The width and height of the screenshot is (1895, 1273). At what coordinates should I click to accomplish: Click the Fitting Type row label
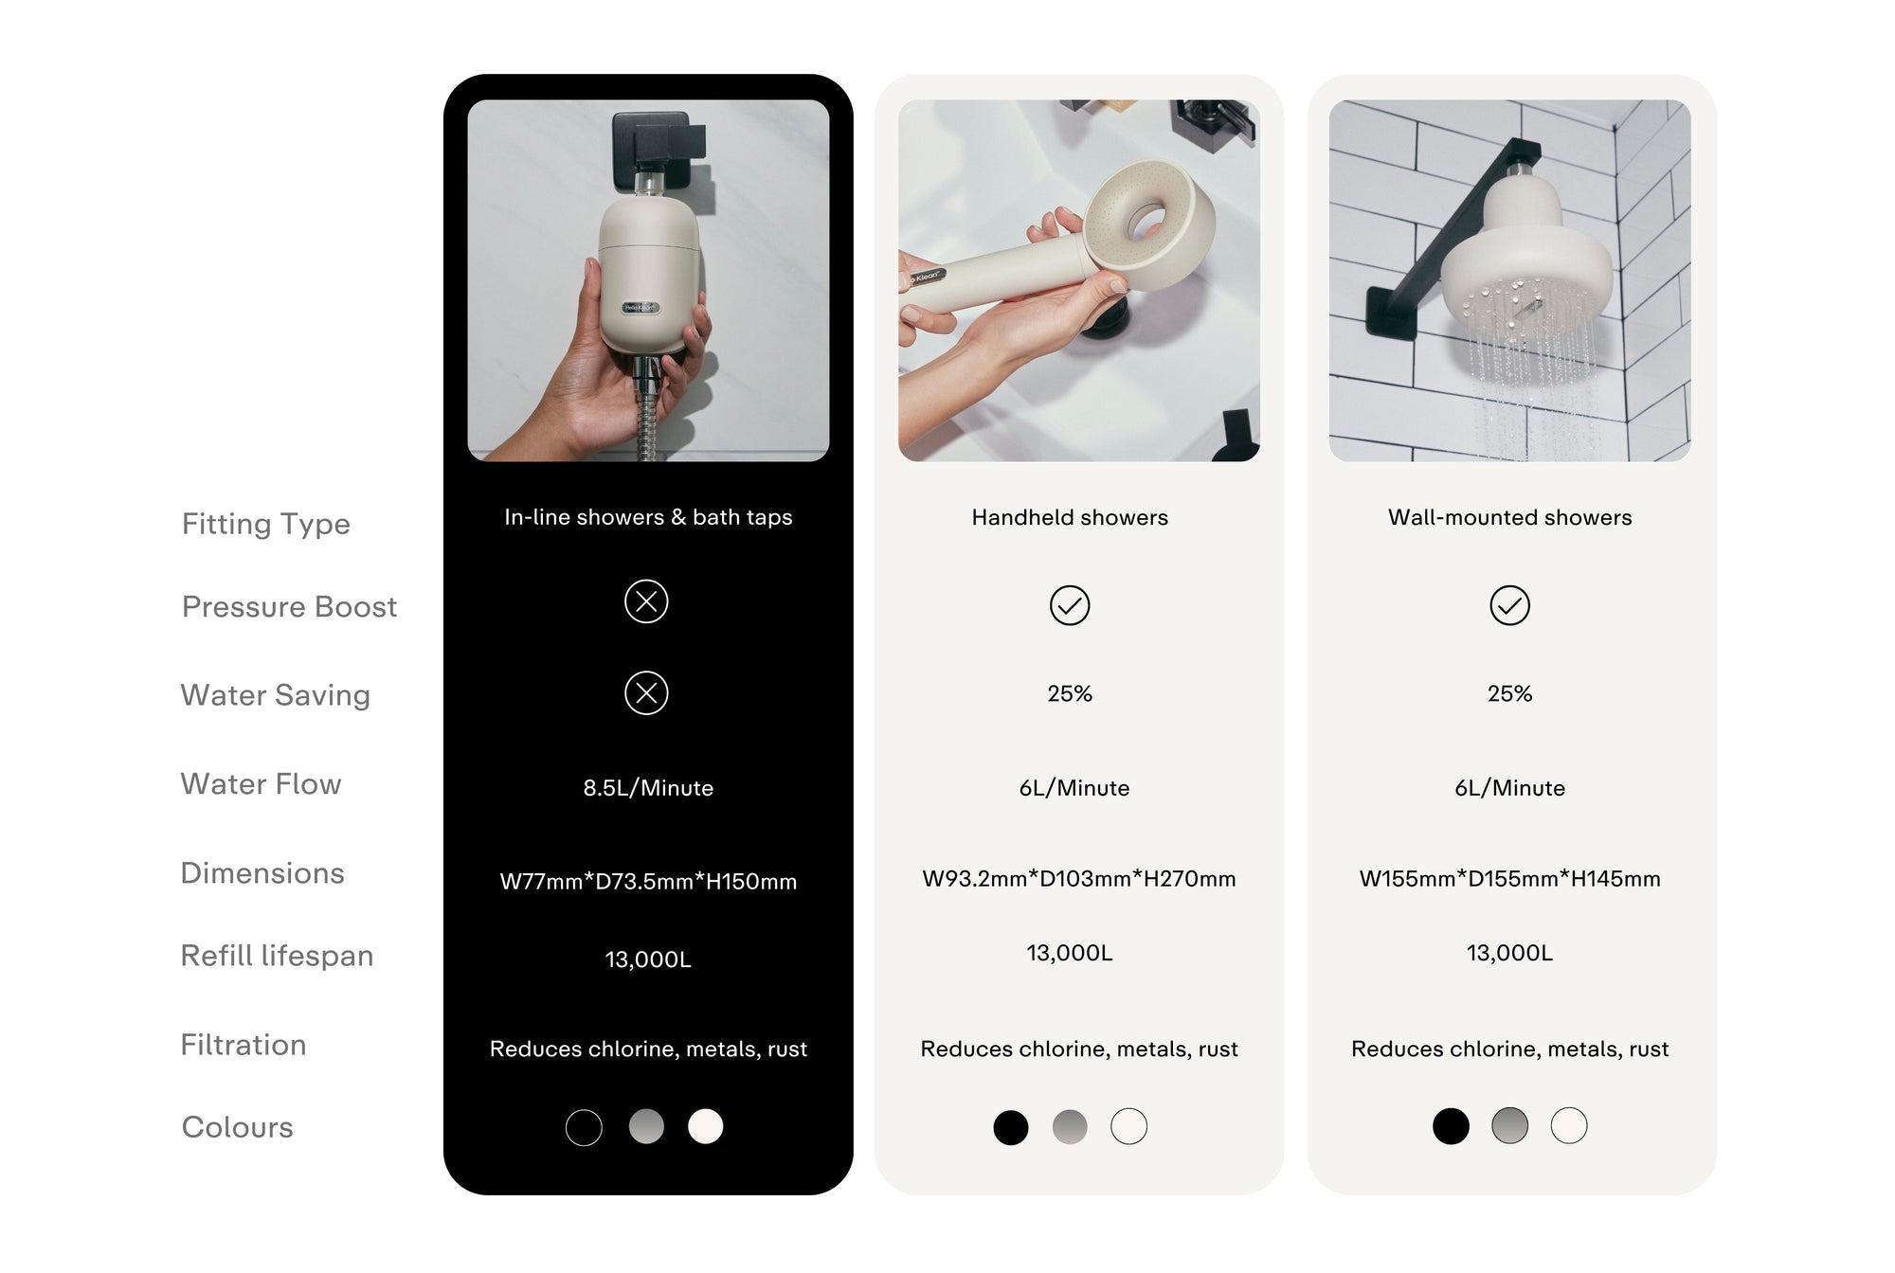coord(266,524)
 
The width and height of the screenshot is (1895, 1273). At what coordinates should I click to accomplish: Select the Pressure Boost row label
coord(289,606)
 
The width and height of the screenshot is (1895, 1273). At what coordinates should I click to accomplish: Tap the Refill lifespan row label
coord(277,956)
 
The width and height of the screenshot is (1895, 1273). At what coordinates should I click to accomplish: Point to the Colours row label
coord(238,1127)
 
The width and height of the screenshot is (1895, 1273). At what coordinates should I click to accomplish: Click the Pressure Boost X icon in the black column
coord(646,601)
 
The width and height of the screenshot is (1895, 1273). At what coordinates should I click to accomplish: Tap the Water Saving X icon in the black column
coord(646,693)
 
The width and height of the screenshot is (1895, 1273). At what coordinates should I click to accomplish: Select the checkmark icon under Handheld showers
coord(1070,605)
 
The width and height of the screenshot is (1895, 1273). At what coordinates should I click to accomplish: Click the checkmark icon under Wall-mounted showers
coord(1509,605)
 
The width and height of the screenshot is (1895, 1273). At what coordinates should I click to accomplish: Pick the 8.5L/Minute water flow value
coord(648,788)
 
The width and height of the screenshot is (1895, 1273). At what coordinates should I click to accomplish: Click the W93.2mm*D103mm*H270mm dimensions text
coord(1079,879)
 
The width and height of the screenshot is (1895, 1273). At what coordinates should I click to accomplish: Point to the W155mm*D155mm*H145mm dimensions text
coord(1509,879)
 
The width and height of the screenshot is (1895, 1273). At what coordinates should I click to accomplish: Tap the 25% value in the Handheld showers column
coord(1070,694)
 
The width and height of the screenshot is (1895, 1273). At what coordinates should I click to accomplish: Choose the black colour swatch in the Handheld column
coord(1010,1127)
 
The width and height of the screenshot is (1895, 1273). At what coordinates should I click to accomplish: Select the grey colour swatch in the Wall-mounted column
coord(1509,1125)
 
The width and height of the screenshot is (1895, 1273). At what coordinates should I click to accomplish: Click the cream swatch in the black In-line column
coord(705,1126)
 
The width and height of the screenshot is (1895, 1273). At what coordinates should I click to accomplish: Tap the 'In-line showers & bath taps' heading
coord(648,517)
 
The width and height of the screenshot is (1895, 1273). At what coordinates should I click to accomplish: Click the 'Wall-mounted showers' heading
coord(1509,517)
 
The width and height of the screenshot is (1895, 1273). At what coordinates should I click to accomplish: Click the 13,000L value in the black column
coord(648,959)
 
